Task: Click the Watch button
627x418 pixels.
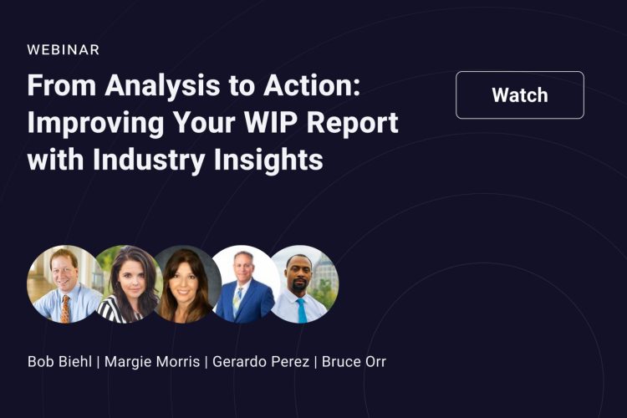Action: tap(520, 94)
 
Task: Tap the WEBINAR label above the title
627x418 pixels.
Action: tap(64, 49)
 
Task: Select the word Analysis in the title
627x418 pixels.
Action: tap(162, 86)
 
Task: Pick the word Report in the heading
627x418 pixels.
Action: tap(352, 124)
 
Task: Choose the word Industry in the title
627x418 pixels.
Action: tap(149, 161)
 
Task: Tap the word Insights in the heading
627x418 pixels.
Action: tap(268, 161)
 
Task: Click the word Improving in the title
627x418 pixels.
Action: tap(95, 124)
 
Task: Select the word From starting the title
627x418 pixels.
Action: tap(62, 85)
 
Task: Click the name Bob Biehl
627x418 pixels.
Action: tap(59, 362)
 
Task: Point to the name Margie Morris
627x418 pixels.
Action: tap(152, 362)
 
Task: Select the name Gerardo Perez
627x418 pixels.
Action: tap(261, 362)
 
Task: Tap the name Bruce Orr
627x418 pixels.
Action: tap(354, 362)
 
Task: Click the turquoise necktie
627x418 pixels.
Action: tap(302, 310)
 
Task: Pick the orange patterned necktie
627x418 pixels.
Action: tap(64, 308)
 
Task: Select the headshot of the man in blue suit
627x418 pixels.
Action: tap(245, 284)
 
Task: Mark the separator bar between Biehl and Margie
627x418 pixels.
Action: tap(98, 362)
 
